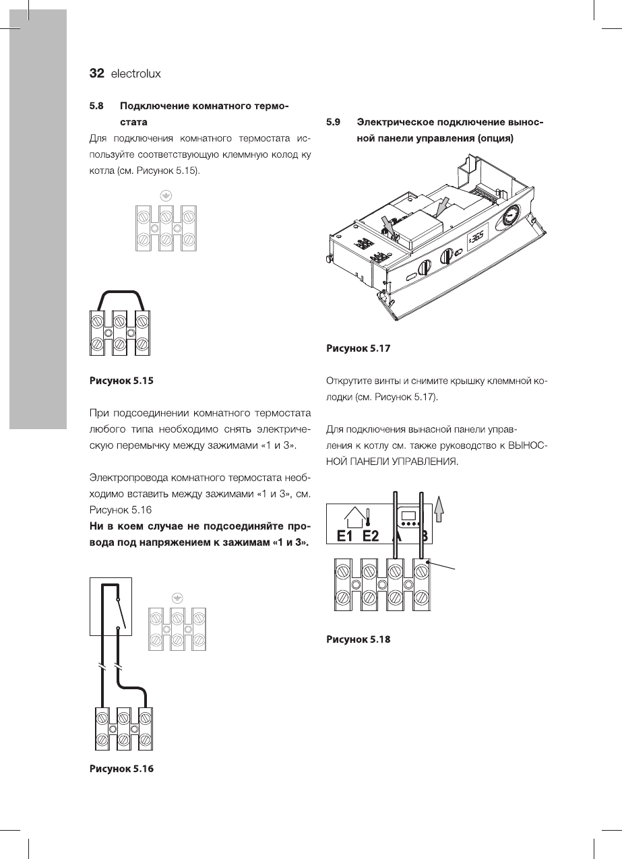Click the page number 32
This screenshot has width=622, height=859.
(x=97, y=73)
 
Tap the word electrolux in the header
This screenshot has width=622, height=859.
(x=136, y=73)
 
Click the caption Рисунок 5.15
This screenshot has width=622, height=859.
(x=122, y=381)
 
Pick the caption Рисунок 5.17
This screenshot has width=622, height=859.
(x=359, y=348)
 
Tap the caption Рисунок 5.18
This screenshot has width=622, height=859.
(x=359, y=639)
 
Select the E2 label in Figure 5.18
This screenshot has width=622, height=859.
(x=371, y=536)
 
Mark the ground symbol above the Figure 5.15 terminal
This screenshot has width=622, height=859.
(x=166, y=195)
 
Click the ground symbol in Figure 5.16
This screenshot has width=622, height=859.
(x=177, y=597)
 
